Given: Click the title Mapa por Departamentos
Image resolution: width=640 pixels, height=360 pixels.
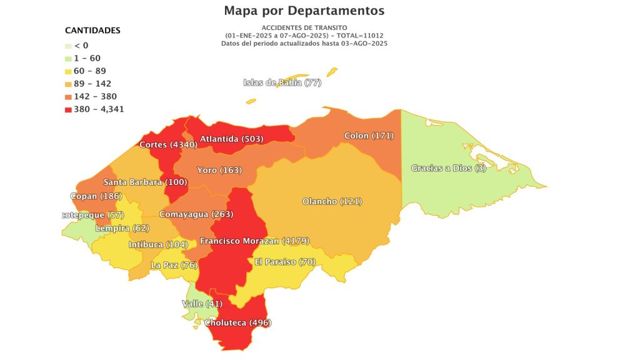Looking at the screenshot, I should click(x=304, y=11).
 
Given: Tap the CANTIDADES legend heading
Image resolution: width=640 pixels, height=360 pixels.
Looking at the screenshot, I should click(x=92, y=30).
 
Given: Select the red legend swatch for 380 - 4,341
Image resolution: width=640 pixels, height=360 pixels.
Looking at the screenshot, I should click(x=68, y=109).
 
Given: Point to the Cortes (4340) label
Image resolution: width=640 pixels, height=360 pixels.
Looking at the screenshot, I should click(x=168, y=145).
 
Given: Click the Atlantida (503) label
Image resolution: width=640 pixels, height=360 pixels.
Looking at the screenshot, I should click(x=232, y=139).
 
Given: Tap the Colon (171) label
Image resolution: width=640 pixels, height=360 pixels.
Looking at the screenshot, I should click(x=369, y=136).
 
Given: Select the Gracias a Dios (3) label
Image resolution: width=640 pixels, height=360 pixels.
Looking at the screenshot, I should click(x=448, y=168).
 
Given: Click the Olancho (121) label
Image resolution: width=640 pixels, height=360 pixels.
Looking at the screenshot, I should click(x=332, y=201).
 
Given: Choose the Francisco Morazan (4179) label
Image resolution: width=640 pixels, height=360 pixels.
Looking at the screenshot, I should click(x=254, y=241).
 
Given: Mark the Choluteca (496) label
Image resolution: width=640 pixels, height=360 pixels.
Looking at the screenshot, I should click(x=238, y=322).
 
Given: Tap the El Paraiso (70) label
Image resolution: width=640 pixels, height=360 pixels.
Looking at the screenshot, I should click(x=284, y=262).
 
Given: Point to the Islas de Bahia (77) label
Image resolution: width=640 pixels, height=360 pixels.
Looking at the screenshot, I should click(x=282, y=83).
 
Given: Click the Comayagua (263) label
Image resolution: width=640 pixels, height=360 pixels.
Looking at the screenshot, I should click(x=196, y=214).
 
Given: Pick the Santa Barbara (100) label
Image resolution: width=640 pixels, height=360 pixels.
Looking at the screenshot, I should click(x=144, y=182).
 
